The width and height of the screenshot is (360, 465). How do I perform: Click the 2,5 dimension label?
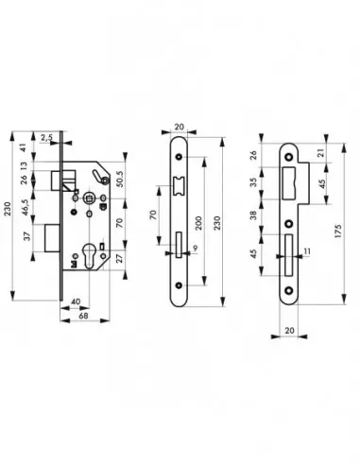coord(47,138)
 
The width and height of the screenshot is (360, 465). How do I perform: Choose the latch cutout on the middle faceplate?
coord(179,189)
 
